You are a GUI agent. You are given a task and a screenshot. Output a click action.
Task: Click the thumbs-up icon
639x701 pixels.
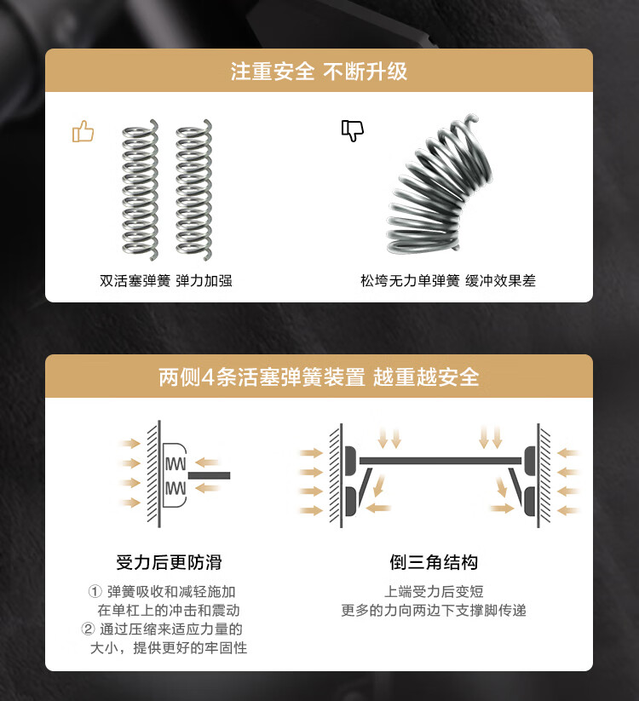83,131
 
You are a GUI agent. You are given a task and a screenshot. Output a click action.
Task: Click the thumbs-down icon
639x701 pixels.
352,129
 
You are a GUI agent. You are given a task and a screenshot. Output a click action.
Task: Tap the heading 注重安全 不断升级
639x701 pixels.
319,72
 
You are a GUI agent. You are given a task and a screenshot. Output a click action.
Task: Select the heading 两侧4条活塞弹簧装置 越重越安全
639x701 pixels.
319,376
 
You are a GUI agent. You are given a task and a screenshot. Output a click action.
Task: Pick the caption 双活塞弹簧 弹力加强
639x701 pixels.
166,280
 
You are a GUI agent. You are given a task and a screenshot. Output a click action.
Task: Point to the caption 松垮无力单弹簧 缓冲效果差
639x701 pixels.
448,280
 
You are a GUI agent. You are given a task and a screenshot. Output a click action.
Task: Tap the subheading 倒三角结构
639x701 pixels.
434,562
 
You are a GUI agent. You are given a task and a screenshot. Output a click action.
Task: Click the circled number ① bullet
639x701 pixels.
95,592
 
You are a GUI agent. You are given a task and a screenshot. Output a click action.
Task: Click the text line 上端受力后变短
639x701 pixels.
434,592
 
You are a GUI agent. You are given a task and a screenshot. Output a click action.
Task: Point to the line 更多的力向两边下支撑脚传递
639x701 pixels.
434,611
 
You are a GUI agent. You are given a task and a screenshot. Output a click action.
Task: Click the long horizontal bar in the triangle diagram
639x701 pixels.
440,461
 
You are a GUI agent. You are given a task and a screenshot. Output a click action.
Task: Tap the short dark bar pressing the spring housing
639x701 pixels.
209,474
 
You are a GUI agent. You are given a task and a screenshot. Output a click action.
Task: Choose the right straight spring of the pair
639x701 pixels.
193,190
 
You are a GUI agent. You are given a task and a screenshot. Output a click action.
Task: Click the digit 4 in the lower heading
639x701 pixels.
212,376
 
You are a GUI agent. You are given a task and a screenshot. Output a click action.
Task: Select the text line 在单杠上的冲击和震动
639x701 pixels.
169,611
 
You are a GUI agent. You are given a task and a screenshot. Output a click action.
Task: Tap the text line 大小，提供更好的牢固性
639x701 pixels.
169,648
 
